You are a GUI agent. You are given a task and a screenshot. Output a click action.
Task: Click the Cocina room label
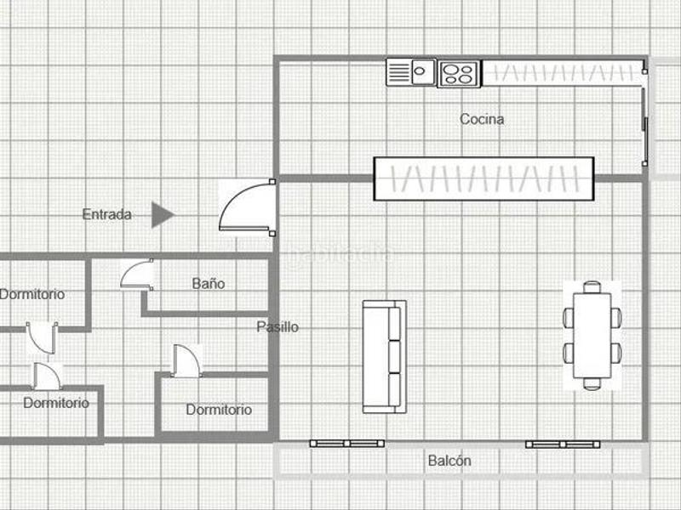482,119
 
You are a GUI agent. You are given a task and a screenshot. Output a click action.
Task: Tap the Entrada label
106,215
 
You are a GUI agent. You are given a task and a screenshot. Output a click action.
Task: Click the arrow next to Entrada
162,215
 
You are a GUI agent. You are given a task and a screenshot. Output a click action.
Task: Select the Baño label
208,283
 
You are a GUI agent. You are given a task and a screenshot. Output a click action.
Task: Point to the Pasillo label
278,326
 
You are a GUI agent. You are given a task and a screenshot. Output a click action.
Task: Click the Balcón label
449,461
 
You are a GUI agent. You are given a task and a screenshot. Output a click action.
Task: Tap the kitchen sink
411,71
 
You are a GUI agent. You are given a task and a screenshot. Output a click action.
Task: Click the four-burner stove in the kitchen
459,73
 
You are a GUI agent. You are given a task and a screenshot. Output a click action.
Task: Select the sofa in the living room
384,356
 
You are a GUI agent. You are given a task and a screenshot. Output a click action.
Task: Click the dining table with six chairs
592,335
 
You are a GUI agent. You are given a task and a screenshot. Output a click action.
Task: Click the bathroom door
136,274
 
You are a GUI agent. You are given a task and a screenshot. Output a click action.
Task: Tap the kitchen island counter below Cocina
484,178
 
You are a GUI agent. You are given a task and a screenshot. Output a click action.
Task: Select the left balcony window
346,443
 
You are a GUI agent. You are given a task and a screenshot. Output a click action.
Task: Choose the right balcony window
562,444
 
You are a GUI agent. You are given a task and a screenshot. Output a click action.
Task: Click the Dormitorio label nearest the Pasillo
219,410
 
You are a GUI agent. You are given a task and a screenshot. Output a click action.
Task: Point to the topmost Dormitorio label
32,294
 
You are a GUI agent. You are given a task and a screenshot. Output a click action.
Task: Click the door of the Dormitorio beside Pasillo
185,360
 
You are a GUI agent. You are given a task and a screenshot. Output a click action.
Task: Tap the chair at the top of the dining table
592,286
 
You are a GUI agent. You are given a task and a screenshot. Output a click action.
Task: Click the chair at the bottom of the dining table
592,384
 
